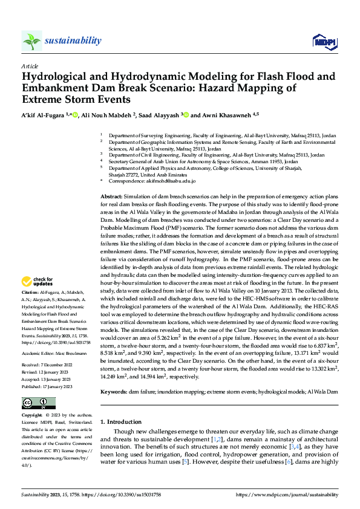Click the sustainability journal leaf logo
click(x=32, y=41)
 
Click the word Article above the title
click(x=30, y=65)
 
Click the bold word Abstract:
click(x=111, y=198)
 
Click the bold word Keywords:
click(x=114, y=391)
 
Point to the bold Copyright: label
click(x=33, y=416)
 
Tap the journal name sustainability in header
click(x=72, y=41)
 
